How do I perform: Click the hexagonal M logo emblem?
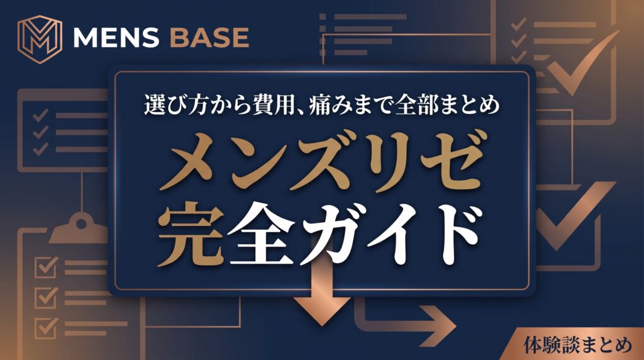[40, 39]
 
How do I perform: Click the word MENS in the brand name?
[116, 38]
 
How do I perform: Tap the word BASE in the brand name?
[209, 38]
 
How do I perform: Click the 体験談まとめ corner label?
[578, 344]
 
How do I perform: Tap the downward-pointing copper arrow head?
[321, 311]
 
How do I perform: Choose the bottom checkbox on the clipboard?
[46, 328]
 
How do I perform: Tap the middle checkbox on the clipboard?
[46, 298]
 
